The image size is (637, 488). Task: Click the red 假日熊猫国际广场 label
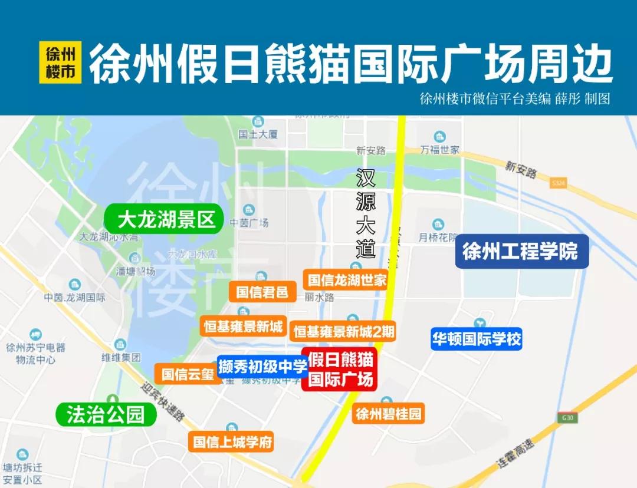pyautogui.click(x=341, y=370)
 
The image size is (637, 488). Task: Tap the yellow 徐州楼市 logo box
pyautogui.click(x=60, y=62)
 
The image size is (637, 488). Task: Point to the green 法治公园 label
pyautogui.click(x=106, y=414)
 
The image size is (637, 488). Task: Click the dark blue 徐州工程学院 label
pyautogui.click(x=522, y=252)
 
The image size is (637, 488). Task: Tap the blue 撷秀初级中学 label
pyautogui.click(x=262, y=367)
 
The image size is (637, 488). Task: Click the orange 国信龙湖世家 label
pyautogui.click(x=347, y=279)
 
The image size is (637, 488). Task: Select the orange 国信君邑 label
pyautogui.click(x=262, y=291)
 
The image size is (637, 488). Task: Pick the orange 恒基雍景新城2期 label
pyautogui.click(x=344, y=331)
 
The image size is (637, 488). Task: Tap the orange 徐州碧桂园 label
pyautogui.click(x=389, y=414)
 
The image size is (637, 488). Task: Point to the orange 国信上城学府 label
pyautogui.click(x=232, y=442)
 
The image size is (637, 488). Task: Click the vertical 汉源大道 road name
pyautogui.click(x=366, y=213)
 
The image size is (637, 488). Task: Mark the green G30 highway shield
pyautogui.click(x=567, y=418)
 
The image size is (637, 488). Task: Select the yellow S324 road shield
pyautogui.click(x=558, y=183)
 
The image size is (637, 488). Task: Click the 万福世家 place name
pyautogui.click(x=440, y=150)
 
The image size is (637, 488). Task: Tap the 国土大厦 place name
pyautogui.click(x=258, y=134)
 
